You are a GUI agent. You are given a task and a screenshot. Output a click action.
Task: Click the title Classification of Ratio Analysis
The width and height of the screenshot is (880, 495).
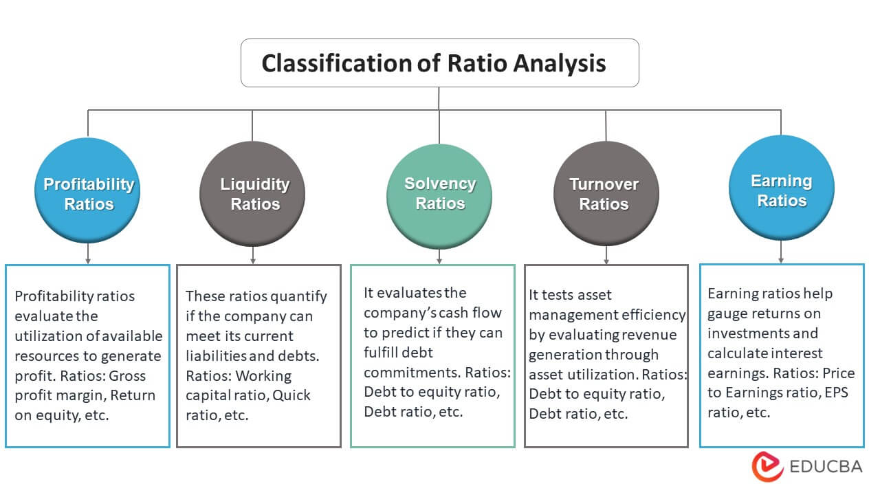click(x=433, y=63)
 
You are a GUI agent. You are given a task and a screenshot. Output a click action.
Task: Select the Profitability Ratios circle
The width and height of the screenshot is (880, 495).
click(x=88, y=194)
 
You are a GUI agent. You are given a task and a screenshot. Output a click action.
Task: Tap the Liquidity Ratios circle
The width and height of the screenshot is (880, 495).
click(x=254, y=194)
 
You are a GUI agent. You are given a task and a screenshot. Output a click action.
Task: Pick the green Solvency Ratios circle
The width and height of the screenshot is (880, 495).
click(x=440, y=194)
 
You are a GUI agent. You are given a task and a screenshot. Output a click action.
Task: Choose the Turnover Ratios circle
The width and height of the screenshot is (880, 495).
click(x=605, y=194)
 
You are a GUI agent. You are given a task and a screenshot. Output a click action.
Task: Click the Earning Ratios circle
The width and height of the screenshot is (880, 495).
click(x=781, y=190)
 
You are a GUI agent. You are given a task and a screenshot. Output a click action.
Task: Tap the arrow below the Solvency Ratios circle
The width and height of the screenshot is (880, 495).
click(x=440, y=256)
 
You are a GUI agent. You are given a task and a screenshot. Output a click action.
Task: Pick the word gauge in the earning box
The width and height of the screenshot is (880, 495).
click(x=727, y=313)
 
